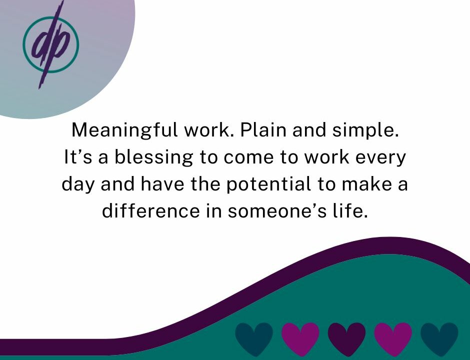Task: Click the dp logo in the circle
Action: coord(50,44)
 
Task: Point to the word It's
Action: coord(78,157)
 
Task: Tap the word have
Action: coord(162,183)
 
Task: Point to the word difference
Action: coord(151,210)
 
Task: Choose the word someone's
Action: coord(277,210)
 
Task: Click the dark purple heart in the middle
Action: coord(346,338)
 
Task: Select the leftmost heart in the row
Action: coord(254,338)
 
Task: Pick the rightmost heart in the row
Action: coord(439,338)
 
